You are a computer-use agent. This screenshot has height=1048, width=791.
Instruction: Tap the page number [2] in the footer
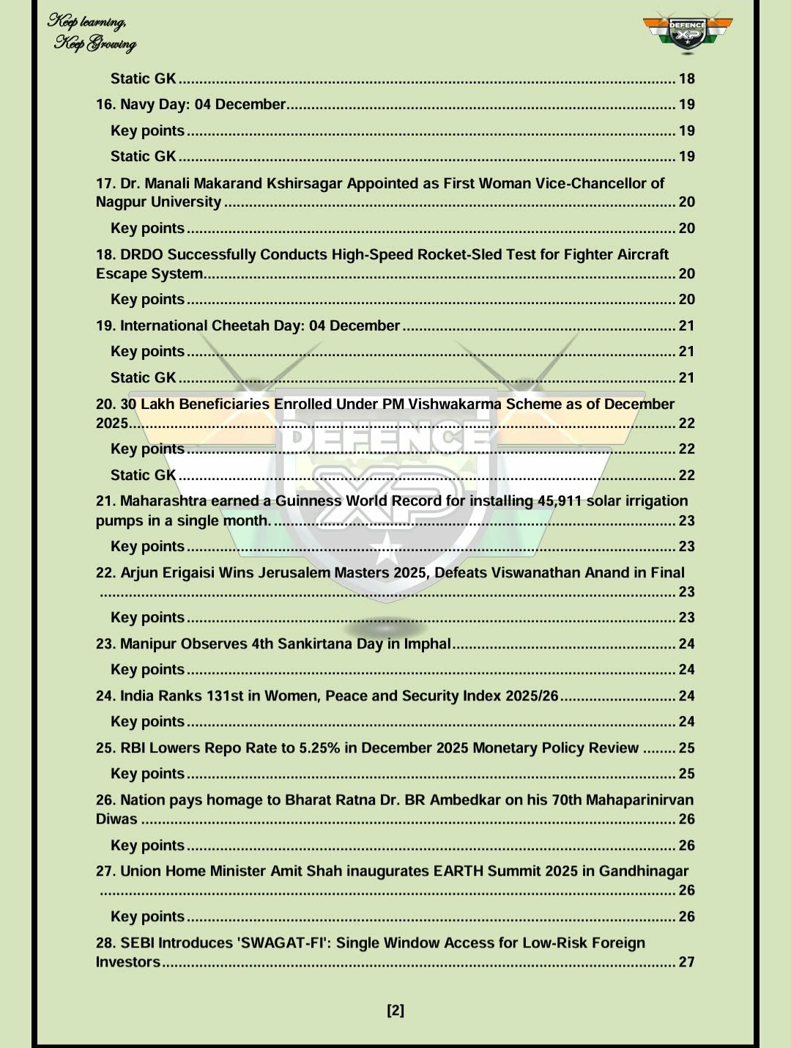pos(395,1011)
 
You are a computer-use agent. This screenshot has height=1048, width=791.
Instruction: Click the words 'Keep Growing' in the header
pos(95,45)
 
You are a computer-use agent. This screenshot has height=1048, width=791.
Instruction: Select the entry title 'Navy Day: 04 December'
pos(203,105)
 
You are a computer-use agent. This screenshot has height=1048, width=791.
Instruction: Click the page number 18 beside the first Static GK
pos(686,79)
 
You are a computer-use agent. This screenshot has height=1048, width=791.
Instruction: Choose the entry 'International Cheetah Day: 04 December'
pos(260,325)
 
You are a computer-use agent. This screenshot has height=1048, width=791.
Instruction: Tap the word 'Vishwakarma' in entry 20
pos(454,404)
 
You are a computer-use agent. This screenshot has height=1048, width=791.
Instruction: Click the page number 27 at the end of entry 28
pos(686,962)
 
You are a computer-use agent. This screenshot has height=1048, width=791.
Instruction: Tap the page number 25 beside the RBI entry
pos(686,748)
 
